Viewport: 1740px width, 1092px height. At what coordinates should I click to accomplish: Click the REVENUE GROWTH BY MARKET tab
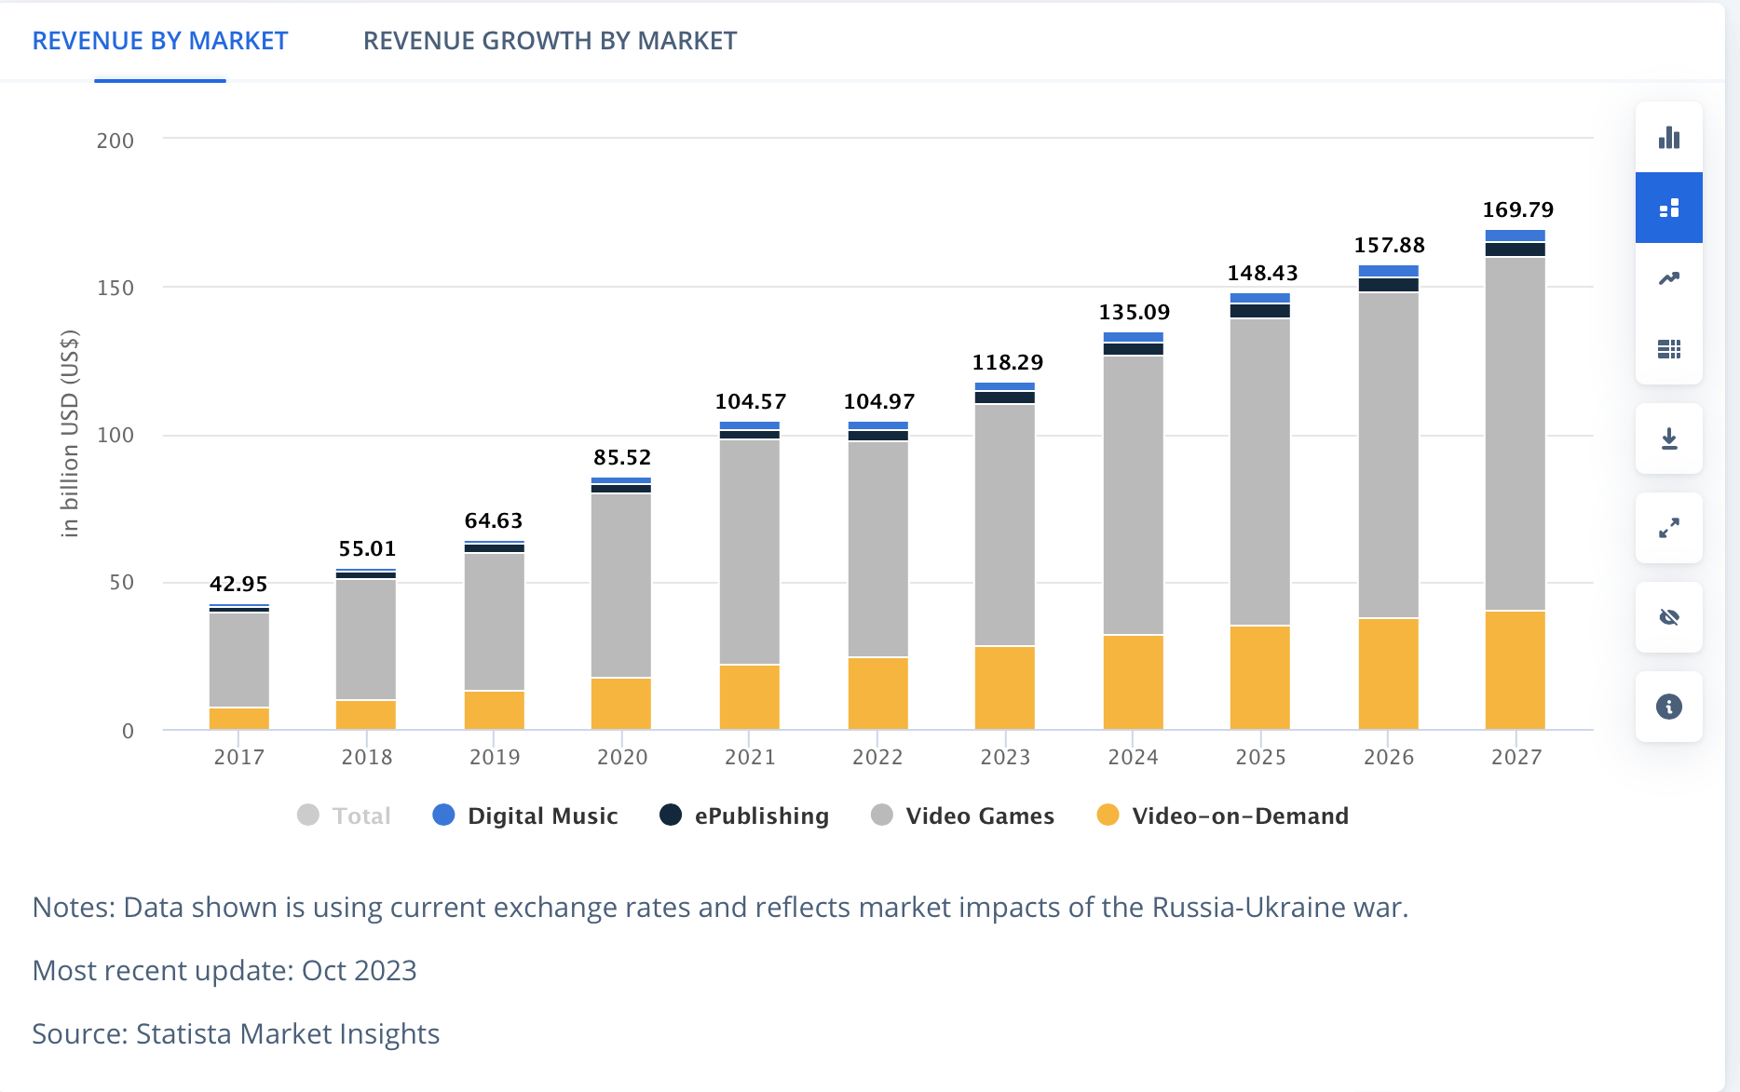point(550,41)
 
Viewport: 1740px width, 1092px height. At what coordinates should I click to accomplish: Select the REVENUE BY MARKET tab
point(160,41)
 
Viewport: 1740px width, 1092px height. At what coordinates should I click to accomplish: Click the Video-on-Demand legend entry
point(1223,816)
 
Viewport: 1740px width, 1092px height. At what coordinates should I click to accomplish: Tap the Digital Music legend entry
point(525,816)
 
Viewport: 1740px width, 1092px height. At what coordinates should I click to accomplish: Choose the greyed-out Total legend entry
point(345,816)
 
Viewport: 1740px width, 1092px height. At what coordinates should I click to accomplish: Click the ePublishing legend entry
point(744,816)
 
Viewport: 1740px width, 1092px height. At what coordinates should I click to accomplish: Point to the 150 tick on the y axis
point(116,289)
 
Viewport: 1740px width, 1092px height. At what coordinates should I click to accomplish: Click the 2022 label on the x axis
point(877,758)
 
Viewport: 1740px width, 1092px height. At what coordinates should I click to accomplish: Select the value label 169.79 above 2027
point(1517,210)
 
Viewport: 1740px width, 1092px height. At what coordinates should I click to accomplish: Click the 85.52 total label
point(622,458)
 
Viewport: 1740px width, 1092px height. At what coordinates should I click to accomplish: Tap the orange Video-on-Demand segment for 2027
point(1515,670)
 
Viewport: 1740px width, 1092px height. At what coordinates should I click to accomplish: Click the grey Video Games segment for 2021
point(750,551)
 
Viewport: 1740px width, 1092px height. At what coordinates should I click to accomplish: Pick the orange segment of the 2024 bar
point(1133,682)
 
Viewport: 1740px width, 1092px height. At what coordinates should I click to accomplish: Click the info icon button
point(1668,707)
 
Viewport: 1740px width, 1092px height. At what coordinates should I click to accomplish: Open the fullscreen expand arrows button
point(1668,528)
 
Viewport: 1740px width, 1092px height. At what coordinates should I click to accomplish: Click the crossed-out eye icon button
point(1668,617)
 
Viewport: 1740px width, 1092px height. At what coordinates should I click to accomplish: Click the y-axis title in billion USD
point(70,434)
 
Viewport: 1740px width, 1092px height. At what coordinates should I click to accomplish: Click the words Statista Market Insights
point(287,1034)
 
